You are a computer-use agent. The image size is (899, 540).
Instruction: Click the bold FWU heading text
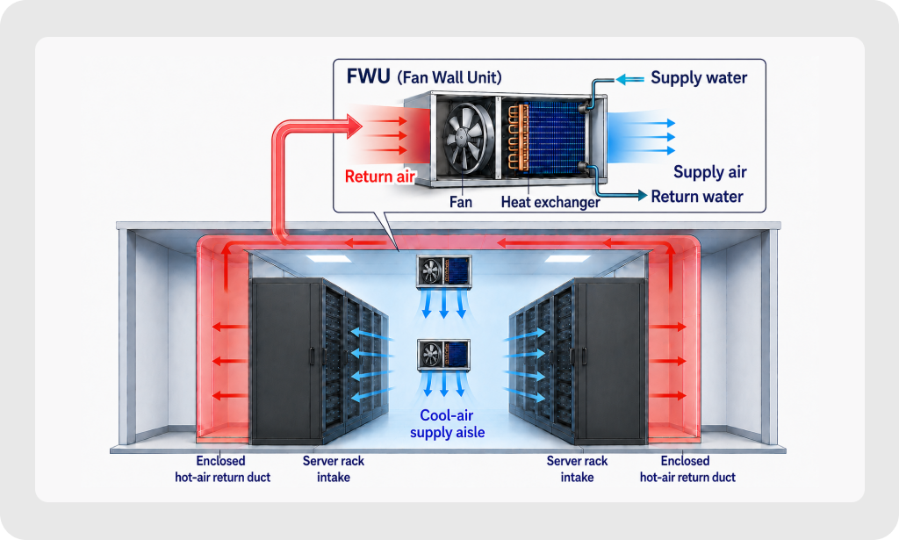pos(369,76)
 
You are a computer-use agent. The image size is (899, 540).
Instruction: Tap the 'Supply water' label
pos(699,78)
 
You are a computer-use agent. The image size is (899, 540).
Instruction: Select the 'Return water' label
pos(697,197)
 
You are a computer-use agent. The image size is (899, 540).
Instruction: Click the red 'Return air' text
pos(380,176)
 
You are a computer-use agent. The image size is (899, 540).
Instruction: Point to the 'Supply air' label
pos(709,172)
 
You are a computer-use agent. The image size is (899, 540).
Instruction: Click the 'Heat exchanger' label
pos(550,202)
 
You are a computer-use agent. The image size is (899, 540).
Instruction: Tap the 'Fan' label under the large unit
pos(461,202)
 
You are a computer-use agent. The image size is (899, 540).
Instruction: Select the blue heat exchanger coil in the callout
pos(555,138)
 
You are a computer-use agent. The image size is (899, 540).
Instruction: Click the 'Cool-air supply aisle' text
pos(447,423)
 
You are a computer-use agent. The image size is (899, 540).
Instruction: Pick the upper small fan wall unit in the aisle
pos(444,271)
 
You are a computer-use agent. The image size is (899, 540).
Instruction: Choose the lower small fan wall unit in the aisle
pos(443,356)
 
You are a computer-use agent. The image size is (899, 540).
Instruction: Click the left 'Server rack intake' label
pos(333,469)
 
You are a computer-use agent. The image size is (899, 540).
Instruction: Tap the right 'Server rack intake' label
pos(577,469)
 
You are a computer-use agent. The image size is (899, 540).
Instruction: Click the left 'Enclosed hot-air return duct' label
pos(222,469)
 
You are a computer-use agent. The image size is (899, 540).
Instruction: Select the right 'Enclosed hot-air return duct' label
pos(687,469)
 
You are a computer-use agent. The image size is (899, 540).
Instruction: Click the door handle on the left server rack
pos(312,356)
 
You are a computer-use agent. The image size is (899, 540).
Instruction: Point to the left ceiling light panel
pos(328,259)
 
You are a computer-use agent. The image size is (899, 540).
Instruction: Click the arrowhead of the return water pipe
pos(641,196)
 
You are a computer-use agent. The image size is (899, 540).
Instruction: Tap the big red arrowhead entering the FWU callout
pos(353,126)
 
